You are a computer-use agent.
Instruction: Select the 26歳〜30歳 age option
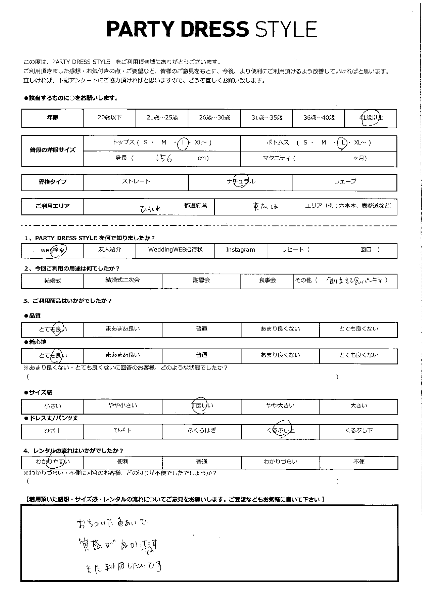214,118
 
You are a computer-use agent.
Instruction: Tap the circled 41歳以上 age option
371,118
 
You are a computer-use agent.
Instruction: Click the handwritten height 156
163,158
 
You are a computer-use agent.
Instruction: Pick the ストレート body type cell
136,182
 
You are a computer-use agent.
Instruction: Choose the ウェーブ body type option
345,182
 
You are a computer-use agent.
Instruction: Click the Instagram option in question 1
240,250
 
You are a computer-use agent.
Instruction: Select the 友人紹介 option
109,249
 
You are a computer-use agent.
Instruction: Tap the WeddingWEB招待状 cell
175,249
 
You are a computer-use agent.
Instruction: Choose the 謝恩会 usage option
201,280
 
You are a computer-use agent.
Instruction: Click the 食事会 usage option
267,280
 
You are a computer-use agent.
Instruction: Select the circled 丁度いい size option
202,405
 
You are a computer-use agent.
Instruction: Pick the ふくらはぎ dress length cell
202,431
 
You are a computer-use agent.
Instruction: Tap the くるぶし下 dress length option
359,431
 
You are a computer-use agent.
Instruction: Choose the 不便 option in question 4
359,462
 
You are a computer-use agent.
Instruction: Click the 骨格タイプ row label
52,182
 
